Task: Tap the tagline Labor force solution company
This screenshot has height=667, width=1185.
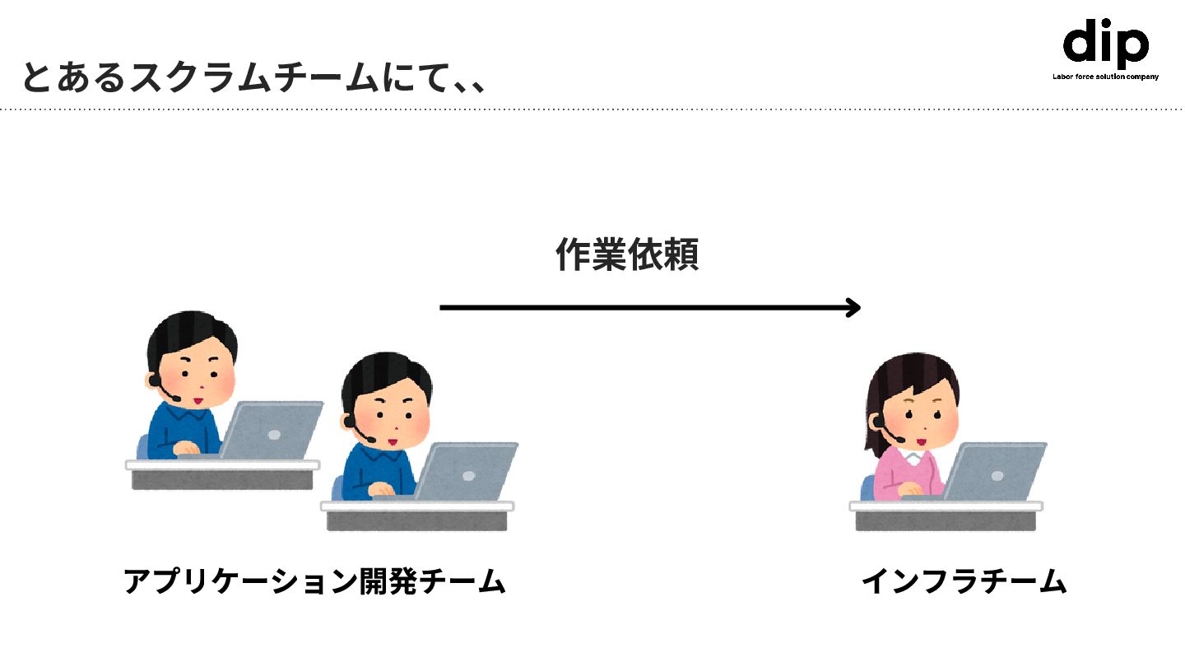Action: point(1105,77)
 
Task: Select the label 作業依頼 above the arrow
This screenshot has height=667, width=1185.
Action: point(627,255)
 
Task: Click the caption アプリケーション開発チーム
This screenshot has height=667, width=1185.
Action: point(314,581)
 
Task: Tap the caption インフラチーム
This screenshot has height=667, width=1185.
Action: point(964,581)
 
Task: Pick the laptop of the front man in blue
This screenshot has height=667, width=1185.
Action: point(467,471)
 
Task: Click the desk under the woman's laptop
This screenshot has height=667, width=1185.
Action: point(946,515)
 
